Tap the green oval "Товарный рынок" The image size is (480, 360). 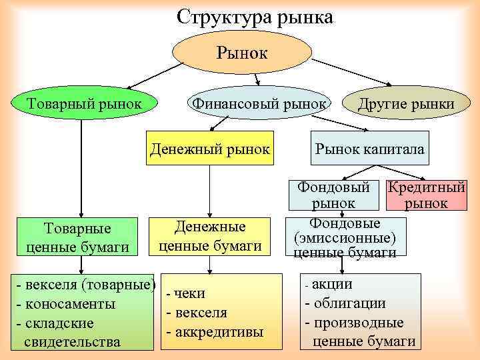tap(83, 104)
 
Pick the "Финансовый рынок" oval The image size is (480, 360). tap(259, 104)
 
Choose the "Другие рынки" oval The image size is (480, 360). tap(406, 104)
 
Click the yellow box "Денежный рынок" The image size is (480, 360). tap(210, 148)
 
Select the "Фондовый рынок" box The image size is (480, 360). tap(333, 195)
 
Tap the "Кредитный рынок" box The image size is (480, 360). tap(426, 195)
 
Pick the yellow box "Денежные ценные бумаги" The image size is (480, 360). tap(210, 236)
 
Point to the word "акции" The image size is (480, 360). tap(337, 285)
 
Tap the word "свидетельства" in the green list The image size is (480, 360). tap(72, 343)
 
